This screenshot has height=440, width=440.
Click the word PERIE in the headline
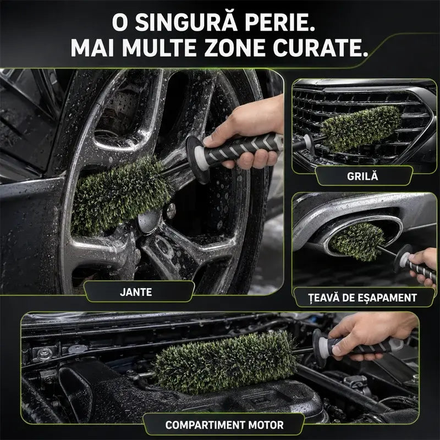pos(280,22)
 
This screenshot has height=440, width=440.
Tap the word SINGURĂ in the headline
pos(186,22)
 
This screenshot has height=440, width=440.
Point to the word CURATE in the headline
pos(321,47)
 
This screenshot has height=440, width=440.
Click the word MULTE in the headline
pos(159,47)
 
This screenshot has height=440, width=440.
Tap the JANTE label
pos(136,292)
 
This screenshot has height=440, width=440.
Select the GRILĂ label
pos(362,176)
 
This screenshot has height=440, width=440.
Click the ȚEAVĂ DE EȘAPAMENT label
pos(362,298)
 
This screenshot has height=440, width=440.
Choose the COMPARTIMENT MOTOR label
pos(224,425)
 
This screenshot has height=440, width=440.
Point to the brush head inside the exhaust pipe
pos(357,241)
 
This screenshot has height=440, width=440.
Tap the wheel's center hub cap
pos(148,222)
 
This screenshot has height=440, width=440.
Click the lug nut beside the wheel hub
pos(170,211)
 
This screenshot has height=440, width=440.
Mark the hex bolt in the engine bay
pos(45,354)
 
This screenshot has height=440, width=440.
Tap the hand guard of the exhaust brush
pos(402,258)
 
